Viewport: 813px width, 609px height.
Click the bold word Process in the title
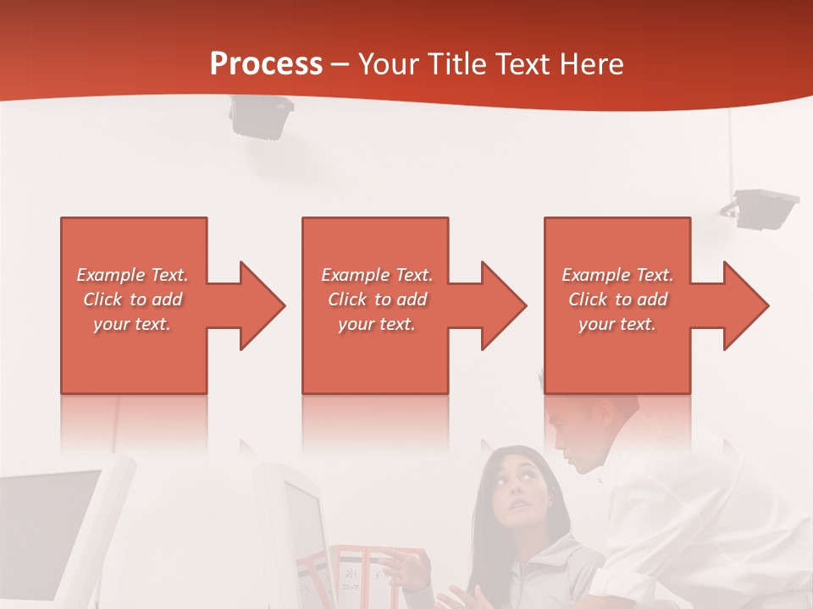click(x=266, y=64)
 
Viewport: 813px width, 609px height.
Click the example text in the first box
click(x=132, y=299)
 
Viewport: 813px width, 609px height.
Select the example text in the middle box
click(x=377, y=299)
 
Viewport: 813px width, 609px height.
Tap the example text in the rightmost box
click(x=617, y=299)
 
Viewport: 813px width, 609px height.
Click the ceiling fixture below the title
click(x=261, y=116)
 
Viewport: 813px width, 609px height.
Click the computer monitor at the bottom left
click(x=55, y=524)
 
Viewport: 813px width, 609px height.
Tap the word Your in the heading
click(x=389, y=64)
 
